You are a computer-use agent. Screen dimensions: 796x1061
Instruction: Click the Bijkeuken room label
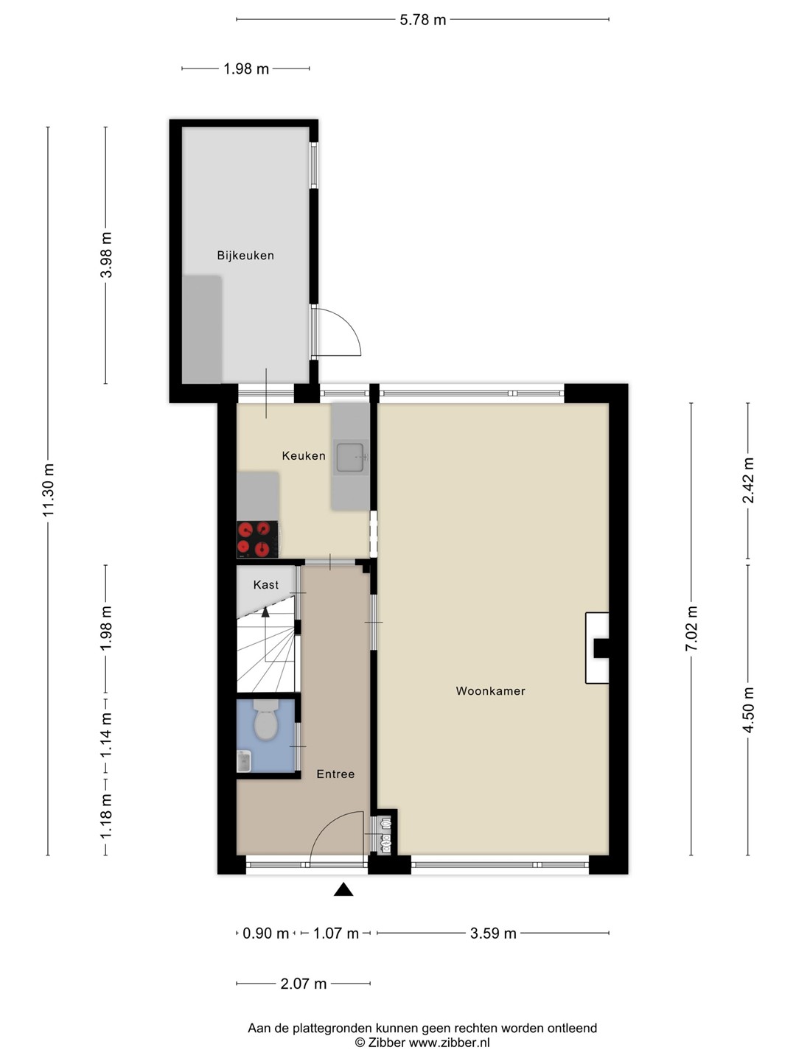pyautogui.click(x=245, y=255)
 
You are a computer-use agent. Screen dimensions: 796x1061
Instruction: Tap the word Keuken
pyautogui.click(x=304, y=455)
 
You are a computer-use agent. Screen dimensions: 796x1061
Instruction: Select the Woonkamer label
pyautogui.click(x=491, y=690)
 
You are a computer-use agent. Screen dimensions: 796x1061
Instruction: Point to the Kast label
pyautogui.click(x=266, y=585)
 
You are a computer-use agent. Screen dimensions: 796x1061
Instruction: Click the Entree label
pyautogui.click(x=335, y=774)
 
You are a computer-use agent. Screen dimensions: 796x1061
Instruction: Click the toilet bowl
pyautogui.click(x=266, y=720)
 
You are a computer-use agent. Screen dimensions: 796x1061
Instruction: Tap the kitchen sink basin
pyautogui.click(x=350, y=457)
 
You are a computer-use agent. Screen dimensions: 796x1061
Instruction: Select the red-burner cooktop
pyautogui.click(x=257, y=539)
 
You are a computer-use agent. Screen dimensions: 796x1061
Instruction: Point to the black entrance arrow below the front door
pyautogui.click(x=343, y=889)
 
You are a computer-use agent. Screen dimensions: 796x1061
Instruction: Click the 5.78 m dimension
pyautogui.click(x=422, y=20)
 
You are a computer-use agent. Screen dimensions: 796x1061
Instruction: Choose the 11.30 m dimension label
pyautogui.click(x=49, y=490)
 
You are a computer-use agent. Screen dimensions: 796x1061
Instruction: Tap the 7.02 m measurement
pyautogui.click(x=691, y=628)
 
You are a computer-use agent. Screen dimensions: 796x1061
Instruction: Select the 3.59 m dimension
pyautogui.click(x=493, y=934)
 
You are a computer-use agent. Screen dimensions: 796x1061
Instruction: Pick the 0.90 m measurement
pyautogui.click(x=265, y=934)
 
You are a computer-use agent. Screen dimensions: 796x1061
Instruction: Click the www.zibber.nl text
pyautogui.click(x=450, y=1043)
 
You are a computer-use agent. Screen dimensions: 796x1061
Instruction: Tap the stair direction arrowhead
pyautogui.click(x=265, y=612)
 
